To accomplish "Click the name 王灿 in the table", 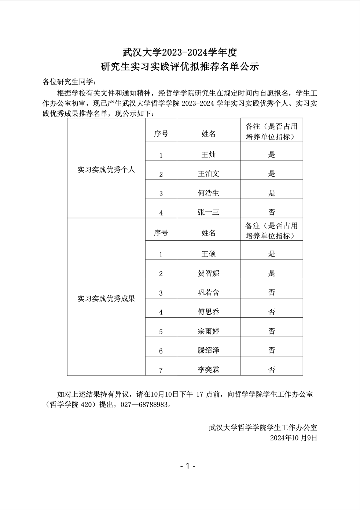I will pyautogui.click(x=209, y=155).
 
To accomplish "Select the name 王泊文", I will pyautogui.click(x=209, y=174).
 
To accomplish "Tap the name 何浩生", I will pyautogui.click(x=209, y=193).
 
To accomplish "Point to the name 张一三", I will pyautogui.click(x=209, y=212).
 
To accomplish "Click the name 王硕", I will pyautogui.click(x=209, y=254).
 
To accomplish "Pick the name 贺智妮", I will pyautogui.click(x=209, y=273).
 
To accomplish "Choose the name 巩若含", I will pyautogui.click(x=209, y=292).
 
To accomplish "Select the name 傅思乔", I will pyautogui.click(x=209, y=312).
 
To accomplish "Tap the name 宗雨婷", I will pyautogui.click(x=209, y=331).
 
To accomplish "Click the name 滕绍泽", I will pyautogui.click(x=209, y=350).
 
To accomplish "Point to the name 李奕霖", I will pyautogui.click(x=209, y=370).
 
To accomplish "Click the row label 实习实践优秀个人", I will pyautogui.click(x=106, y=170).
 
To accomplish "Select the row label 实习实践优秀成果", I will pyautogui.click(x=106, y=299).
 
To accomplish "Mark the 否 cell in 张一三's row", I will pyautogui.click(x=272, y=212).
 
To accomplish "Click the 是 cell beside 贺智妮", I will pyautogui.click(x=272, y=273).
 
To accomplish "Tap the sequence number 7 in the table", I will pyautogui.click(x=161, y=370).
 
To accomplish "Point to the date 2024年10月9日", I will pyautogui.click(x=293, y=438).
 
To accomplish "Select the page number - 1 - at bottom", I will pyautogui.click(x=188, y=466).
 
